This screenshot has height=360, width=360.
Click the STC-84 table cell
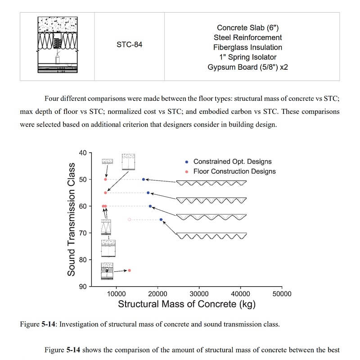pyautogui.click(x=129, y=45)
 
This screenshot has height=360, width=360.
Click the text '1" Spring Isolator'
pyautogui.click(x=251, y=57)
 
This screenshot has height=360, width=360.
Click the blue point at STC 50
pyautogui.click(x=144, y=179)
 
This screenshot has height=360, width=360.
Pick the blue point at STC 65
pyautogui.click(x=161, y=220)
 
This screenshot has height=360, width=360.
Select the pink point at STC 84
pyautogui.click(x=130, y=270)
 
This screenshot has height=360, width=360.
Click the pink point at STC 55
pyautogui.click(x=105, y=193)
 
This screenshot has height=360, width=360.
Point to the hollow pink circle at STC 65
pyautogui.click(x=130, y=220)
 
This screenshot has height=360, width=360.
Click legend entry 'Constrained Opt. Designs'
pyautogui.click(x=232, y=162)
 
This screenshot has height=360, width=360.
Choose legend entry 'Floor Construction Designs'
pyautogui.click(x=234, y=171)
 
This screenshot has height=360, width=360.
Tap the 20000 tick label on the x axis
pyautogui.click(x=157, y=294)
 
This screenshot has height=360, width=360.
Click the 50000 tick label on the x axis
pyautogui.click(x=282, y=294)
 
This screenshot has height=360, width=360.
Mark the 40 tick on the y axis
pyautogui.click(x=83, y=153)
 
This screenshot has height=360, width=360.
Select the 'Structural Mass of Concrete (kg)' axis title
pyautogui.click(x=187, y=304)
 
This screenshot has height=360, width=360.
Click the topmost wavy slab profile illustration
pyautogui.click(x=211, y=183)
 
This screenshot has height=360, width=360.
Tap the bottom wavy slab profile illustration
pyautogui.click(x=211, y=235)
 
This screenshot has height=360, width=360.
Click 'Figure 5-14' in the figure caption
pyautogui.click(x=39, y=324)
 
